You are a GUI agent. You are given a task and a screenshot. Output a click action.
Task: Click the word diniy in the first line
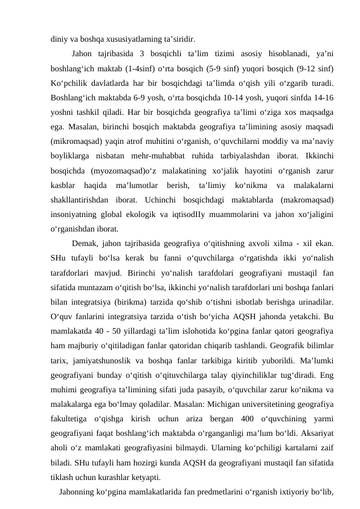point(59,36)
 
